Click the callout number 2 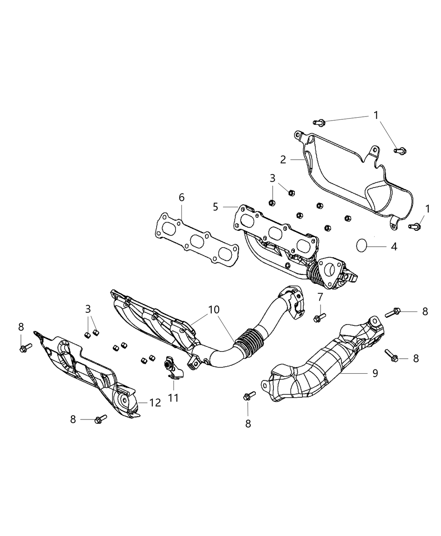[x=283, y=159]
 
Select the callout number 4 [x=394, y=246]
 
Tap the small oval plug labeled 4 [x=362, y=245]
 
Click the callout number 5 [x=215, y=206]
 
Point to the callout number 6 [x=181, y=197]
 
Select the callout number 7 [x=320, y=297]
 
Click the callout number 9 [x=375, y=372]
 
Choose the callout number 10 [x=213, y=310]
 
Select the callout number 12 [x=155, y=403]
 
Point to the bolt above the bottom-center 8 [x=249, y=396]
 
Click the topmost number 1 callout [x=376, y=115]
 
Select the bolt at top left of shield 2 [x=318, y=122]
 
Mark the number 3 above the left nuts [x=88, y=309]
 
